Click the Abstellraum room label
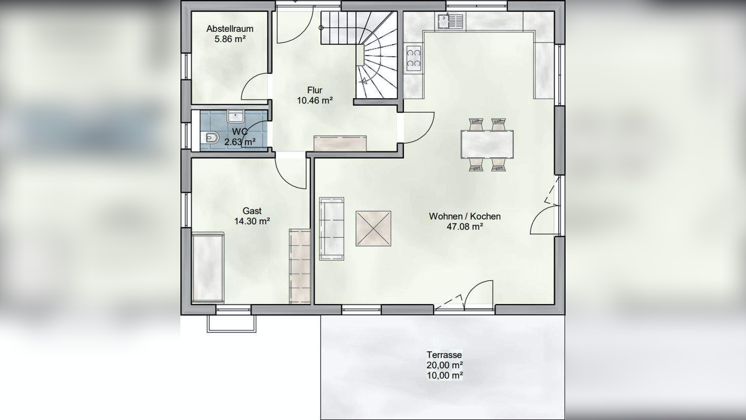[229, 29]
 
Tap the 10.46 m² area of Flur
[314, 100]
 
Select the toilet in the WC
[210, 138]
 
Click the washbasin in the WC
[236, 117]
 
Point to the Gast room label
[252, 211]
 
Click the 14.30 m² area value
[252, 221]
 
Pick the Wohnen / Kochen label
[464, 216]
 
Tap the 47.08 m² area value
[464, 227]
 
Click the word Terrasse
[444, 355]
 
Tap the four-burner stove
[413, 57]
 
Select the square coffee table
[373, 228]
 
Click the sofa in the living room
[331, 229]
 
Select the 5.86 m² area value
[229, 39]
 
